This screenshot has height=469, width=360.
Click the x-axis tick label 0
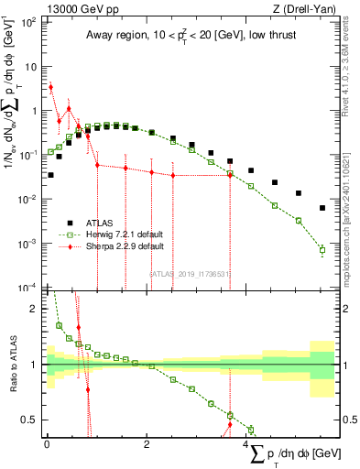pos(47,444)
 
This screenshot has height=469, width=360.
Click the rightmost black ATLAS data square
pos(322,208)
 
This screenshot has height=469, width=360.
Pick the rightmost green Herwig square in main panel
pos(322,249)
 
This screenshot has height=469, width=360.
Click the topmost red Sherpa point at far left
pos(50,87)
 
